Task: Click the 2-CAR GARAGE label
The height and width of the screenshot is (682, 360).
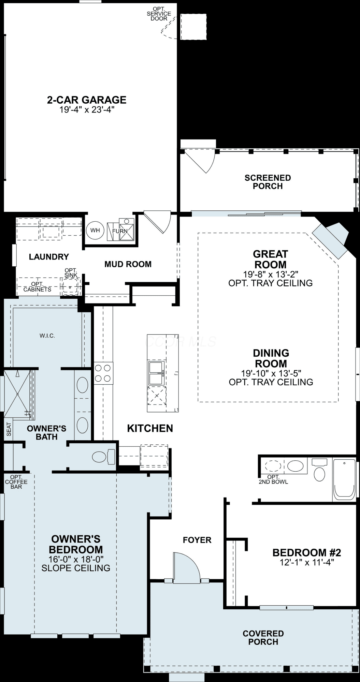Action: pyautogui.click(x=87, y=100)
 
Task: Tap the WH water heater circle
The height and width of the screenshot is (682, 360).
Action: pyautogui.click(x=95, y=230)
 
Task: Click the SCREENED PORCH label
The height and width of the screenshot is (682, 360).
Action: pyautogui.click(x=268, y=182)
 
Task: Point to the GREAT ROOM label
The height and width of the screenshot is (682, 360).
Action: pyautogui.click(x=270, y=259)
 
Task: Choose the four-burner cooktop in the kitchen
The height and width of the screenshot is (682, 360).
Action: pyautogui.click(x=103, y=373)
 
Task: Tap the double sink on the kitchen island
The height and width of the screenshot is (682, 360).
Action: pyautogui.click(x=157, y=373)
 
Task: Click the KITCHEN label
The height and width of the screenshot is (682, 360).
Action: pyautogui.click(x=150, y=428)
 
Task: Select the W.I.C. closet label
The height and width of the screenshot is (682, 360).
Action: pyautogui.click(x=47, y=336)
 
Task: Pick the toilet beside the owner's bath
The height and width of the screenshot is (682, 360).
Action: pyautogui.click(x=104, y=457)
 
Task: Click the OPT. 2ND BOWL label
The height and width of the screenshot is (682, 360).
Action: pyautogui.click(x=273, y=479)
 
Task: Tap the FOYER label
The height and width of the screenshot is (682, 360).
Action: pyautogui.click(x=197, y=540)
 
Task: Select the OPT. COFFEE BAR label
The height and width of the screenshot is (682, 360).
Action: pyautogui.click(x=16, y=482)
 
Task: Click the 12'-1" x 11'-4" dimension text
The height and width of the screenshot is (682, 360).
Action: pyautogui.click(x=307, y=562)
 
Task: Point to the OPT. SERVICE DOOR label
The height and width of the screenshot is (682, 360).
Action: pyautogui.click(x=159, y=14)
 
